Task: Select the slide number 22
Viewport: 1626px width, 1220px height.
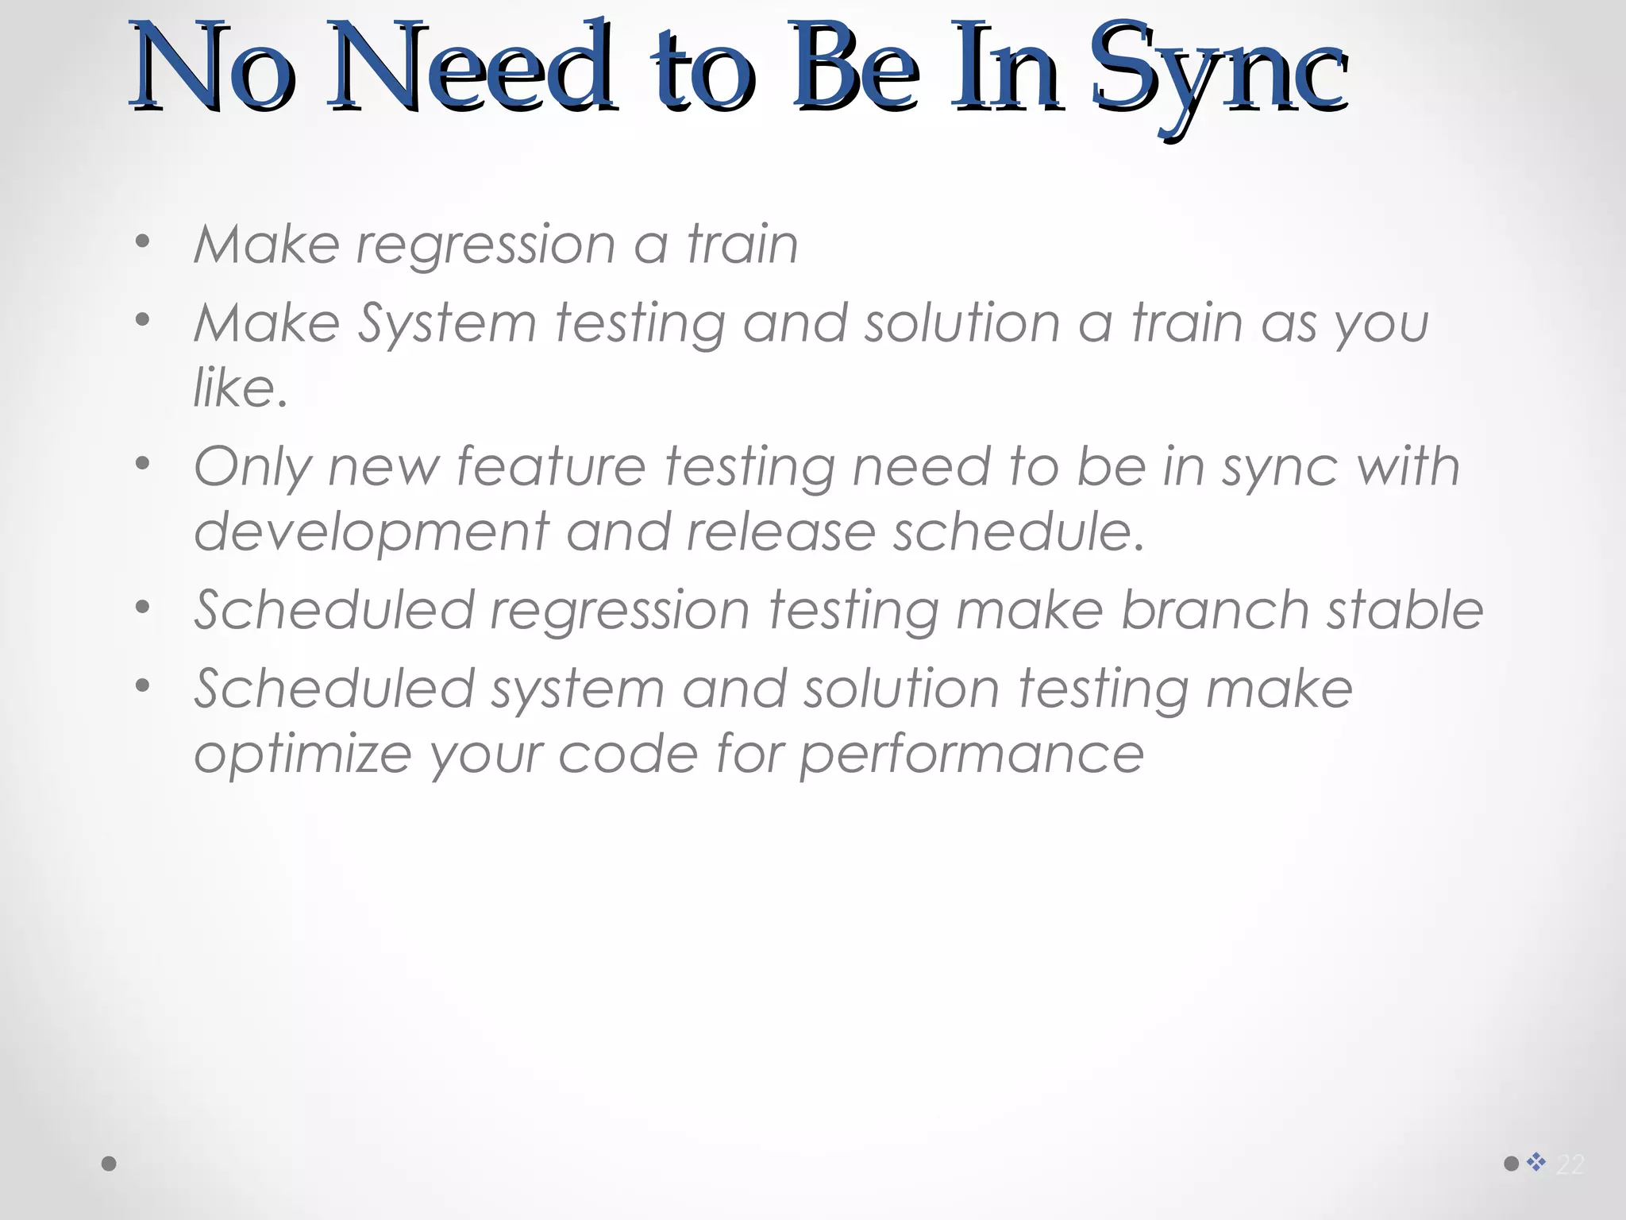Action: (x=1570, y=1165)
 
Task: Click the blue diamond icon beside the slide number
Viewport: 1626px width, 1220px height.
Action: (x=1536, y=1162)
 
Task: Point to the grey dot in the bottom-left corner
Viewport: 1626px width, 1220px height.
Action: (x=110, y=1164)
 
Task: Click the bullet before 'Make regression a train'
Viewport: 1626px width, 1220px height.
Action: (x=142, y=241)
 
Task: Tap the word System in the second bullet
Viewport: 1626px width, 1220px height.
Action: (x=447, y=324)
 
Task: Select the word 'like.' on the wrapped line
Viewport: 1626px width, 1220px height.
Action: (x=240, y=388)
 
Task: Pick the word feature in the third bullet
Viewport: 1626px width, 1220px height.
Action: (x=551, y=466)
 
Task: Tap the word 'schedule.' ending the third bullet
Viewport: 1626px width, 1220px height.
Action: (x=1019, y=531)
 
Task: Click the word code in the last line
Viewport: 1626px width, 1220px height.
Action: (x=628, y=754)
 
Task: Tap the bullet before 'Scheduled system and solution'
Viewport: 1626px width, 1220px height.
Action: (x=142, y=685)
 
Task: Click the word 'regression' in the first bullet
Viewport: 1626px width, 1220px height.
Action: (x=485, y=245)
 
